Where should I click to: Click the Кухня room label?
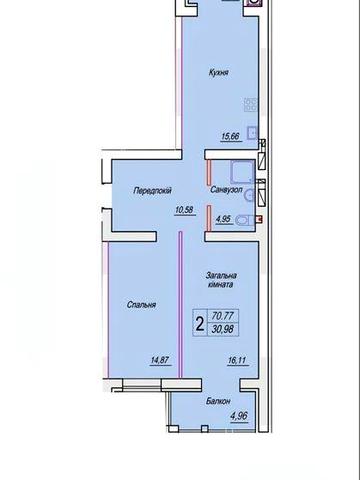[219, 72]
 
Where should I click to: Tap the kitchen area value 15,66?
[230, 136]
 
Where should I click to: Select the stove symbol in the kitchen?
[251, 104]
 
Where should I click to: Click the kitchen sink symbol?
[252, 133]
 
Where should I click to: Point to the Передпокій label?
[152, 190]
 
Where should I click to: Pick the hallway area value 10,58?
[184, 210]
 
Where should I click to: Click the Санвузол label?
[226, 190]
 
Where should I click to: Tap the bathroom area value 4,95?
[224, 219]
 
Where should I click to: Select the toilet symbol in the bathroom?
[245, 220]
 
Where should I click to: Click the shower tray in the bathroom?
[242, 172]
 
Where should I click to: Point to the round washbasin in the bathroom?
[249, 195]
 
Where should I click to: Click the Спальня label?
[141, 305]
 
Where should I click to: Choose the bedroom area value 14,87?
[161, 360]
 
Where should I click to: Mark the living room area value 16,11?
[238, 360]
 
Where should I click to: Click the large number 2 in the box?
[200, 324]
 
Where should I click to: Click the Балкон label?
[218, 401]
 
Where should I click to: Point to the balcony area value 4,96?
[239, 416]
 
